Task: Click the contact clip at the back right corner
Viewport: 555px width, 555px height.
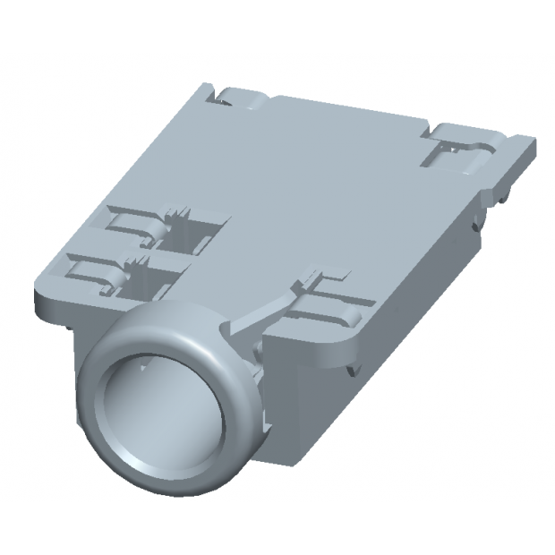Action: [x=457, y=148]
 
